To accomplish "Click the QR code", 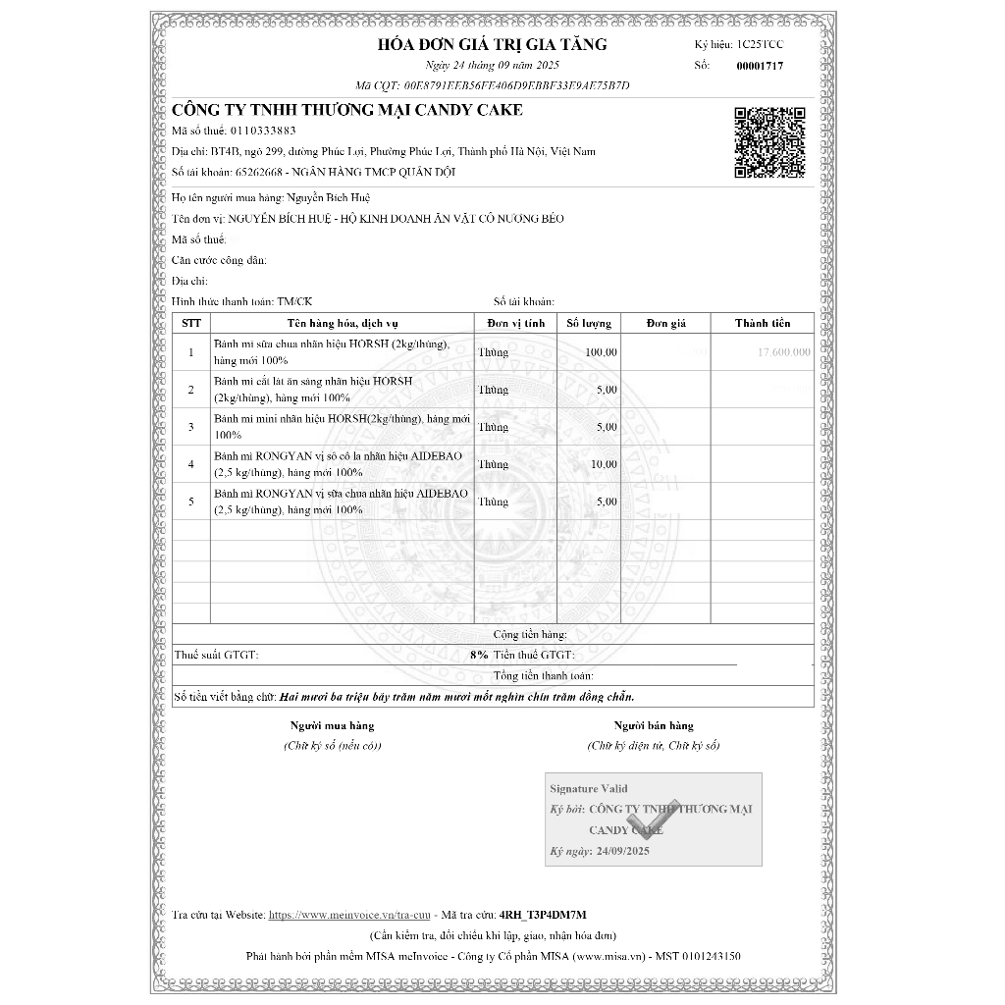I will point(770,142).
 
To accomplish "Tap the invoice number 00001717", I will point(760,66).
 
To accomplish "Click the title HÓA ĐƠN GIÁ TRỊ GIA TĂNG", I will point(492,44).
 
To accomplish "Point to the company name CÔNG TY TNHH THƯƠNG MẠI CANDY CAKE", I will point(347,110).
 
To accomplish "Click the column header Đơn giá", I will point(665,323).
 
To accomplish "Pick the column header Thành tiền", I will point(763,323).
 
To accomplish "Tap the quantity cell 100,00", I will point(601,351).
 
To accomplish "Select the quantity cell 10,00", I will point(604,464).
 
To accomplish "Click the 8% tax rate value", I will point(479,655).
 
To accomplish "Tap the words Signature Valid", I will point(588,788).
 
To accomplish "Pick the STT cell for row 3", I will point(191,427).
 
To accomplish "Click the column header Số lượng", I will point(589,323).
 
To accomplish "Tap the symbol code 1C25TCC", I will point(761,45).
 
